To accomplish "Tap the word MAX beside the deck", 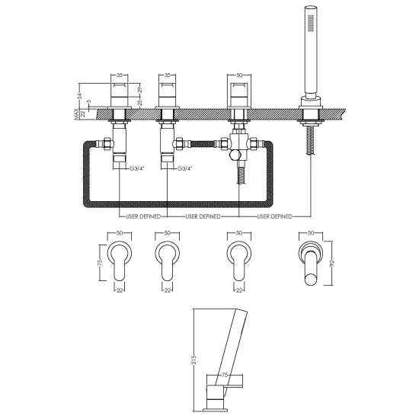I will pos(77,114).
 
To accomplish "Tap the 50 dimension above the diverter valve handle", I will pos(239,76).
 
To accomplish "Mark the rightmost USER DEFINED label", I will pos(274,216).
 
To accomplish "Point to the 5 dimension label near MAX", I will pos(88,101).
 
